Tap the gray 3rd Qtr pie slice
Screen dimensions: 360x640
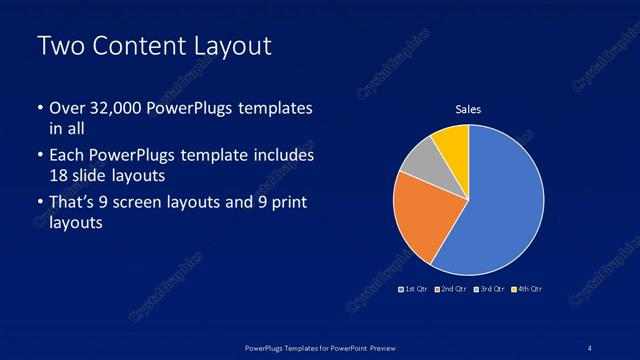[x=424, y=161]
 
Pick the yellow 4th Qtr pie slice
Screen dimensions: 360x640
[x=453, y=146]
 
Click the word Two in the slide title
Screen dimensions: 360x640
[x=59, y=46]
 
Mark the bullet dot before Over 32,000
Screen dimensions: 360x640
[x=39, y=109]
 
